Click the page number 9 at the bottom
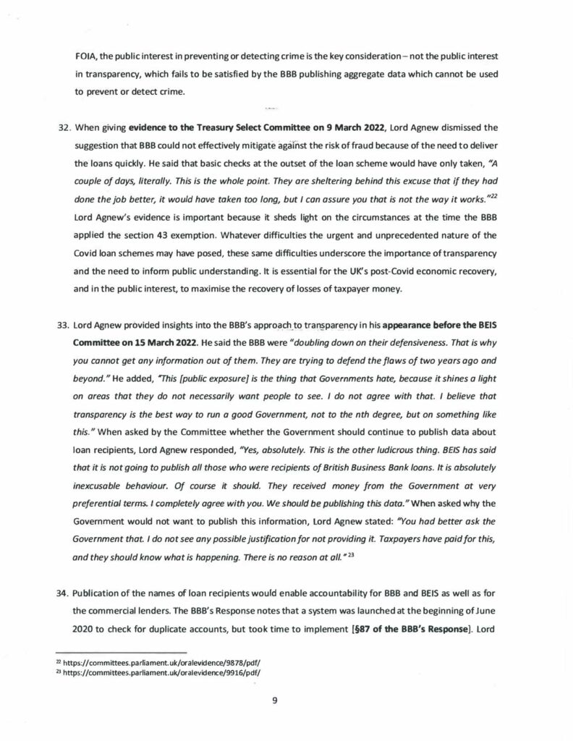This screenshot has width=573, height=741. coord(285,700)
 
